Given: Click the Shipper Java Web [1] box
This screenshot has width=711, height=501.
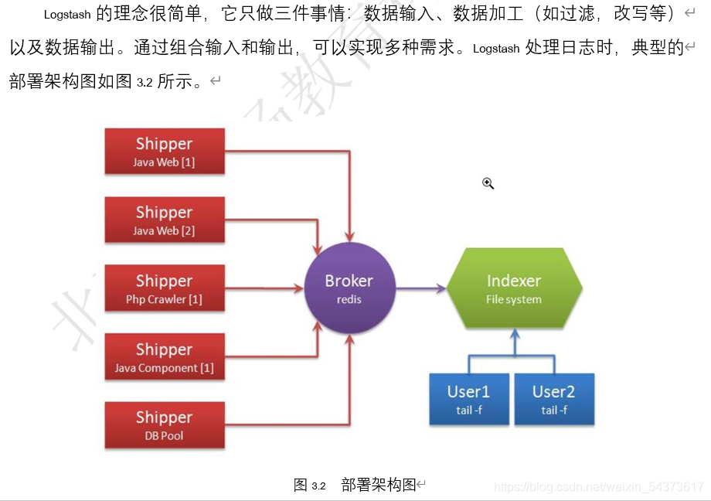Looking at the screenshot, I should coord(165,151).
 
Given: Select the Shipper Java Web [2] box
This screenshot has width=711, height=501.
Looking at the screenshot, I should coord(165,220).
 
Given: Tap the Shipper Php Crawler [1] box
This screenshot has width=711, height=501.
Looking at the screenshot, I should coord(165,288).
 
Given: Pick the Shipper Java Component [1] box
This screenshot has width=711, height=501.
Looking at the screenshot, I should coord(165,357).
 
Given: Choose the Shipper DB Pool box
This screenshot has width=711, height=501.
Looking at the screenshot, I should coord(165,424).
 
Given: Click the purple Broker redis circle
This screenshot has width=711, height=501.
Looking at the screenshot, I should coord(349,288).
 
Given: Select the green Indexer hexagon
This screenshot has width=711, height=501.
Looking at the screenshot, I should coord(514,288).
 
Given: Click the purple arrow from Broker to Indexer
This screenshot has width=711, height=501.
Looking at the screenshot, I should coord(421,288).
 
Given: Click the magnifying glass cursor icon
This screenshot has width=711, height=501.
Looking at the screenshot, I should coord(488,183).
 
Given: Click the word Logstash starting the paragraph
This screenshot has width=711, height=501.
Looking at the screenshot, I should coord(67,15).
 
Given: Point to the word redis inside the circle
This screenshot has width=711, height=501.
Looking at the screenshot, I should coord(349,299).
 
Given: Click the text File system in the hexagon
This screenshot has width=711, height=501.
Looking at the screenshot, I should coord(514,299).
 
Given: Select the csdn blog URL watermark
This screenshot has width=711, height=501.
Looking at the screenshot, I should coord(599,487).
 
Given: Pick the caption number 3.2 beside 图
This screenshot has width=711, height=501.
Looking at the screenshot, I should coord(318,486).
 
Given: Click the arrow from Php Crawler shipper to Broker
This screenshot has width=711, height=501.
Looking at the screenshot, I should coord(263,288).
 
